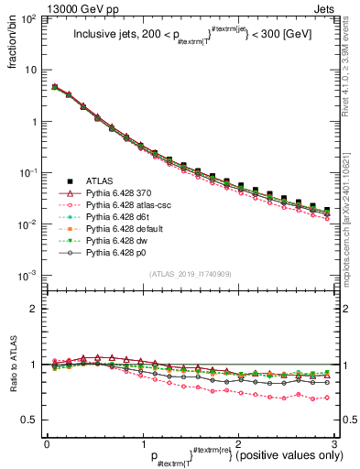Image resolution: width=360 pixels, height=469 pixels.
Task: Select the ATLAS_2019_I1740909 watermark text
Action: click(x=190, y=274)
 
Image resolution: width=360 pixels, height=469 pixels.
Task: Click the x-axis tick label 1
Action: click(x=142, y=442)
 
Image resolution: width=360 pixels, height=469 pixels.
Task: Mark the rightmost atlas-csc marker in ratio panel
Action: click(x=327, y=398)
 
